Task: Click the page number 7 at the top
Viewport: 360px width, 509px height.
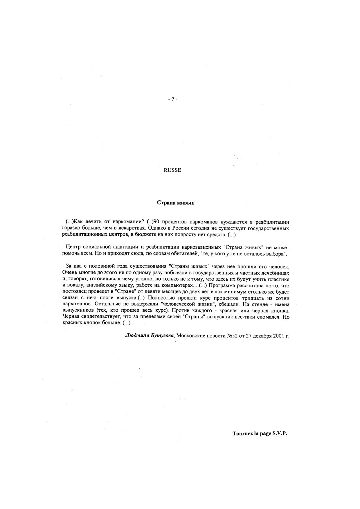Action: [x=172, y=100]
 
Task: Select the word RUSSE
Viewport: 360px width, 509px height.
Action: [x=172, y=170]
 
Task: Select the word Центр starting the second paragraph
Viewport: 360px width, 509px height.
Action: [x=73, y=248]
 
